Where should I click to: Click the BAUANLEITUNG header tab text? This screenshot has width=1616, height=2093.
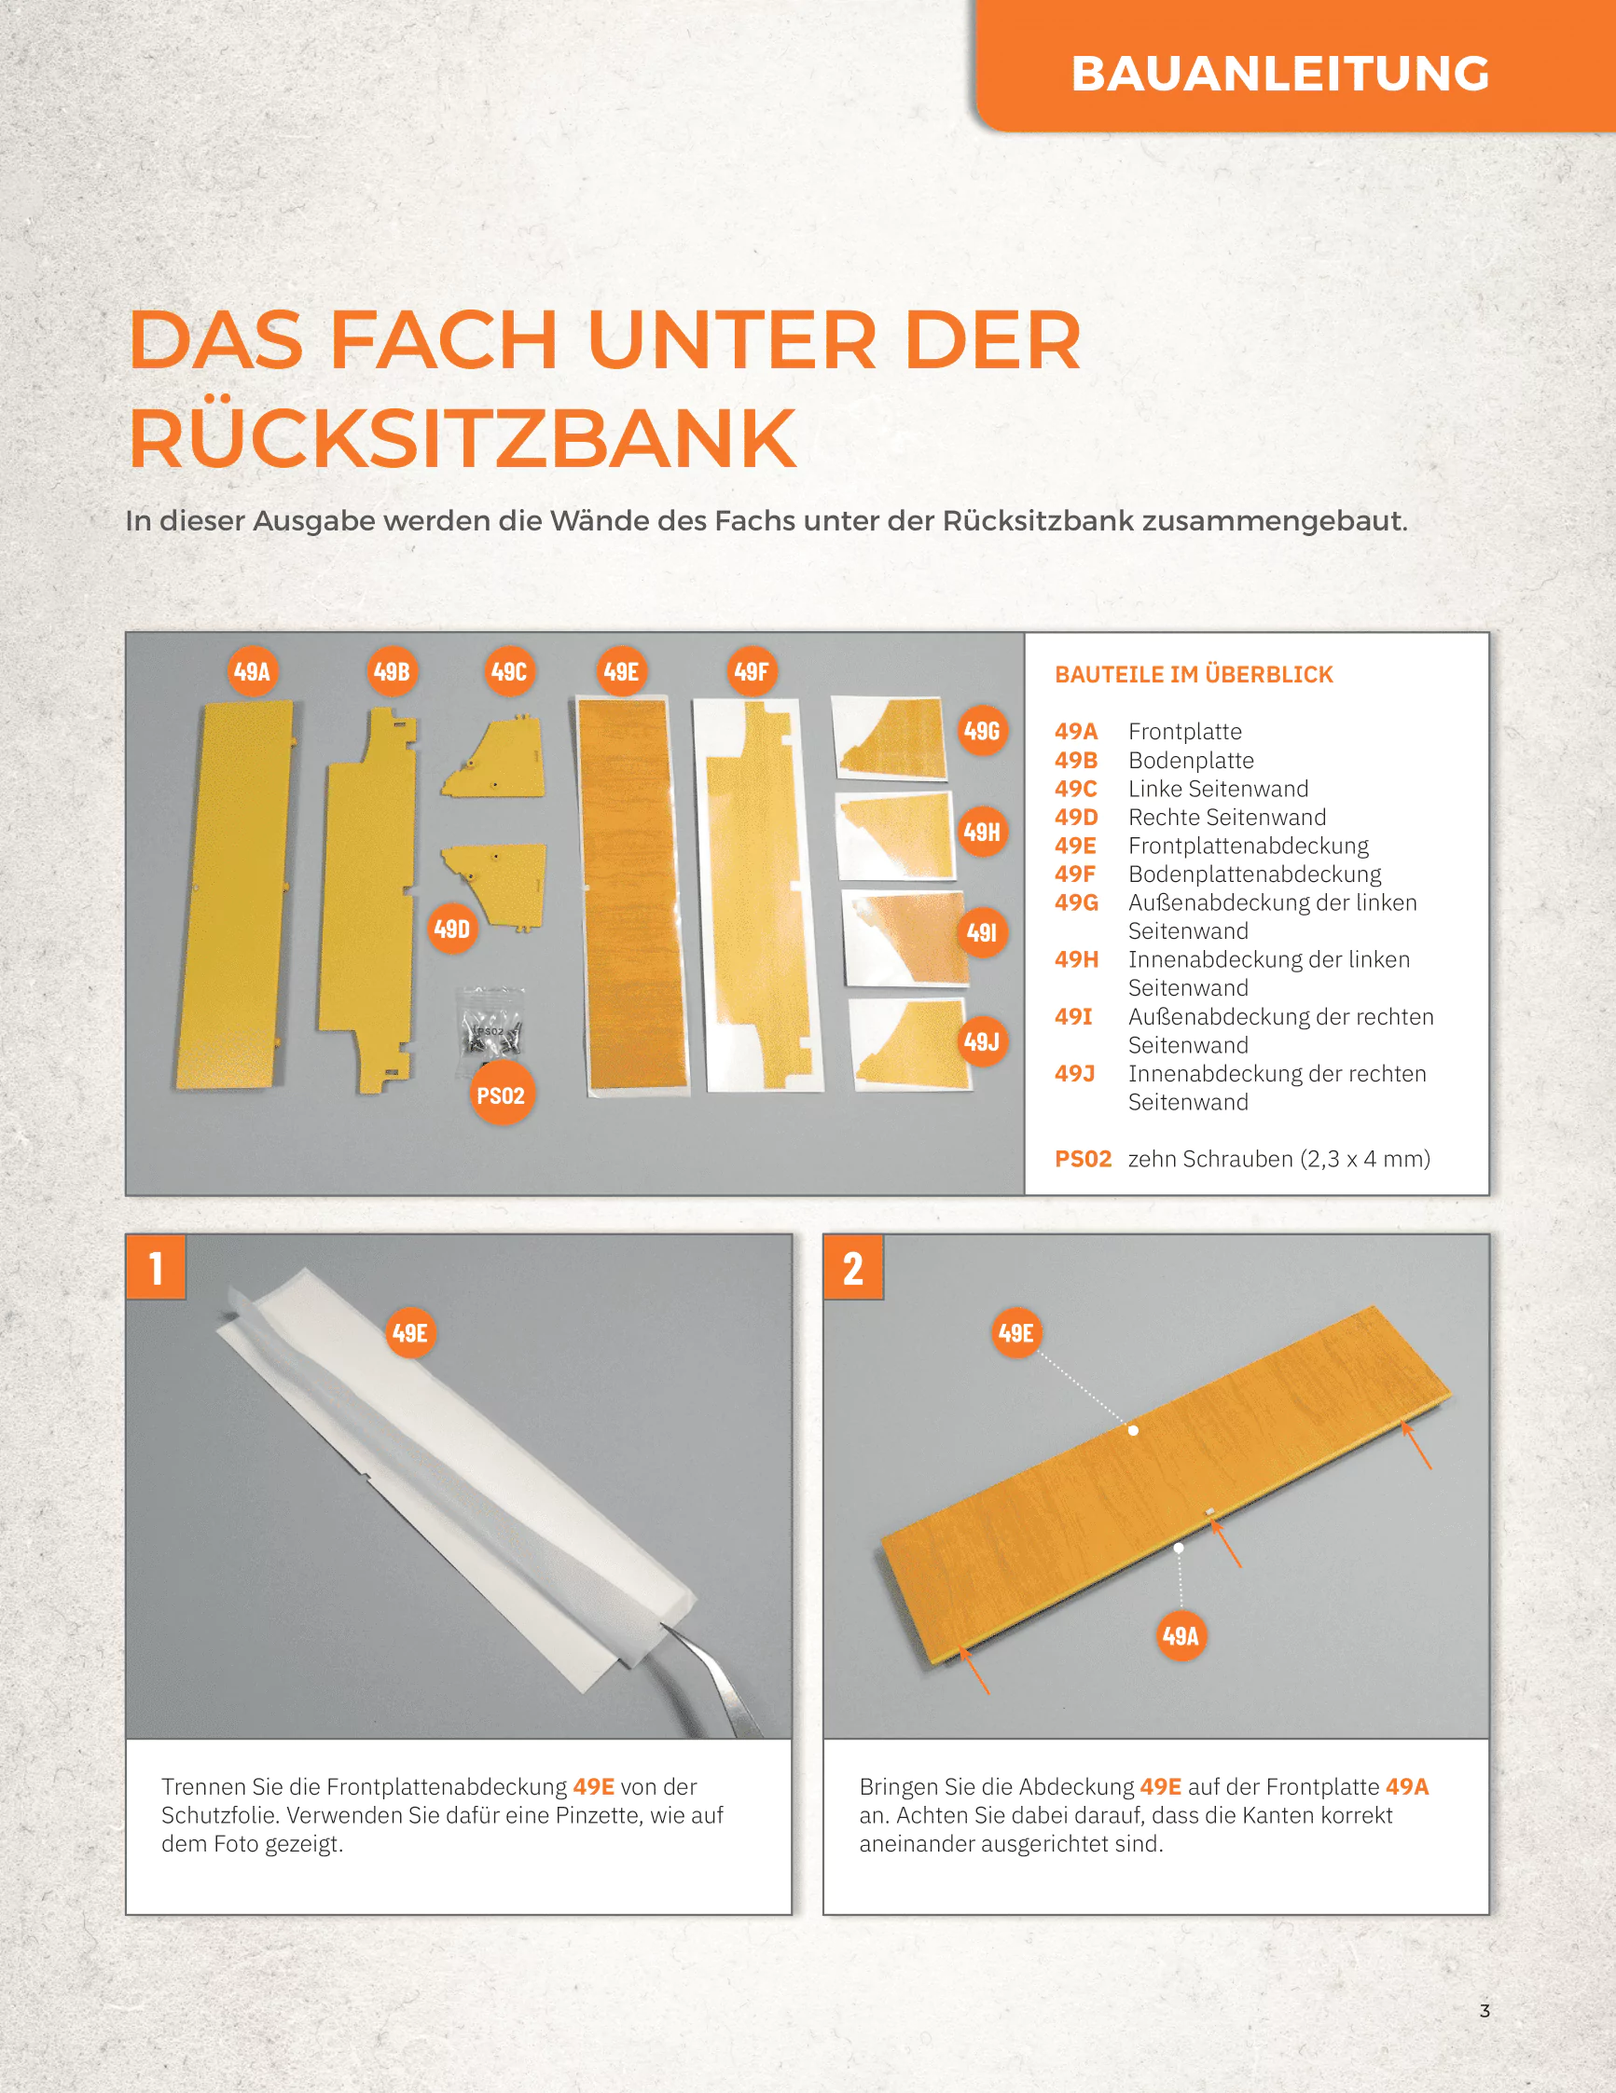coord(1279,74)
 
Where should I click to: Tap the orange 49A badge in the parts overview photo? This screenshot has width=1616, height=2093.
coord(252,672)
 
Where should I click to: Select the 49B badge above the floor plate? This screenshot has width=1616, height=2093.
coord(392,672)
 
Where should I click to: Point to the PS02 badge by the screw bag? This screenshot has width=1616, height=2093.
coord(501,1095)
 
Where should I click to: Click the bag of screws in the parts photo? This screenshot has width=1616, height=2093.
coord(491,1022)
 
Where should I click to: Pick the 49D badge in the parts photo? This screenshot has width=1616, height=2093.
coord(451,929)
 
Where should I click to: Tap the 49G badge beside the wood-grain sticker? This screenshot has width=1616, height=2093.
coord(983,731)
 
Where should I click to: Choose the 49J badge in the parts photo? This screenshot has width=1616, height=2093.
coord(983,1040)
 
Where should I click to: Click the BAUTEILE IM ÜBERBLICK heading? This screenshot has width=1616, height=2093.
coord(1194,675)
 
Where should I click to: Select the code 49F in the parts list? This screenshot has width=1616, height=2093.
coord(1074,874)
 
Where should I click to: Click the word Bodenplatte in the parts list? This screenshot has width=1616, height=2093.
coord(1191,760)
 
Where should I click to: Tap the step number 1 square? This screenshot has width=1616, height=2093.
coord(156,1268)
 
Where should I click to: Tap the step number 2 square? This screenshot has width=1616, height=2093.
coord(853,1268)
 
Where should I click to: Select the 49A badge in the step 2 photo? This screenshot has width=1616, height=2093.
coord(1181,1635)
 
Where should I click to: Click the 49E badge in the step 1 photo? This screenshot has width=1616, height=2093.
coord(410,1333)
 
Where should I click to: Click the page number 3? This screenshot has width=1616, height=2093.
coord(1485,2011)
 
